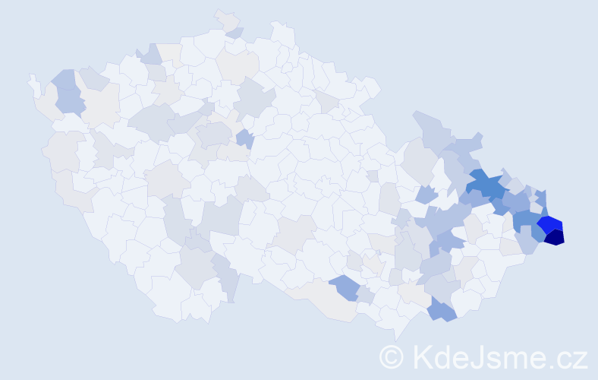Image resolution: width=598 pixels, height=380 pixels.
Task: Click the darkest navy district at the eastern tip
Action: [555, 237]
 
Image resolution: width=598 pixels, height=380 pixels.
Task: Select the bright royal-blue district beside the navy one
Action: [549, 224]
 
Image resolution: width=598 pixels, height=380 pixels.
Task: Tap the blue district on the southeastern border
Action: [441, 309]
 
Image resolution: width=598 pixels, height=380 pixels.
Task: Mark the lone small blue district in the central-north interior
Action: [244, 138]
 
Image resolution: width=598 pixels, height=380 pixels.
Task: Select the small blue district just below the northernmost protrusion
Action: [235, 33]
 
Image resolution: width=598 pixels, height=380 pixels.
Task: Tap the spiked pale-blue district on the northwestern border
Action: [150, 54]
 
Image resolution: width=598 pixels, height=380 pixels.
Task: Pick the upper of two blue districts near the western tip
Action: [65, 78]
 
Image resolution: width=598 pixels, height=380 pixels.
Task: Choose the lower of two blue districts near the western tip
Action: [69, 99]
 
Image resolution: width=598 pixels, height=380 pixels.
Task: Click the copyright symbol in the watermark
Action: [392, 357]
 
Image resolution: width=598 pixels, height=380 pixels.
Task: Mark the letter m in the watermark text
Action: [512, 359]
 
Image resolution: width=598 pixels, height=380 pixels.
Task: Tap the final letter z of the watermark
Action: [580, 359]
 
